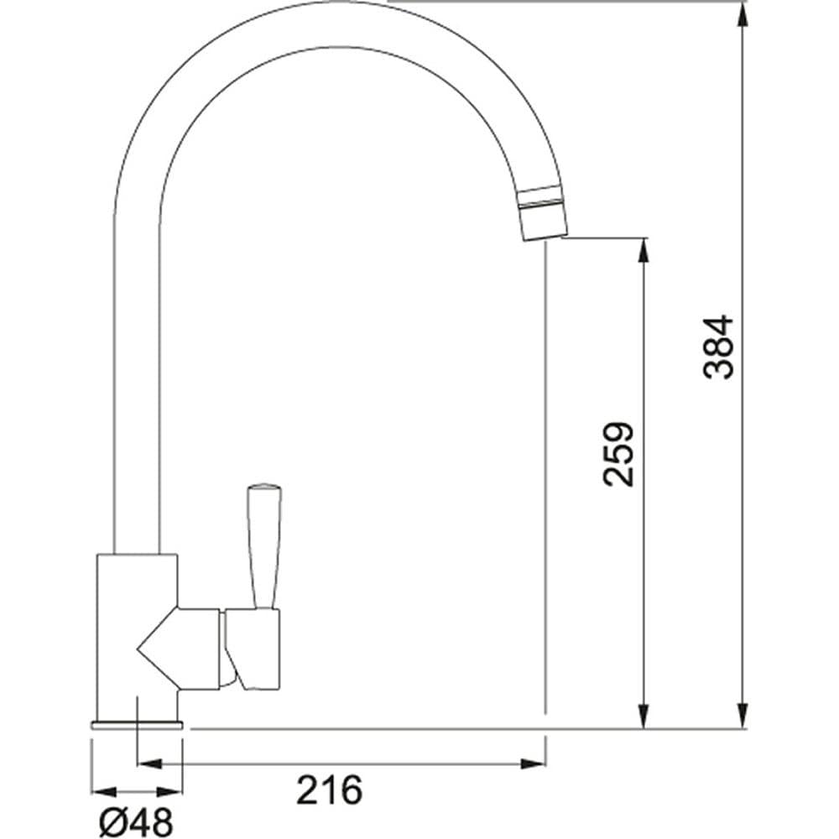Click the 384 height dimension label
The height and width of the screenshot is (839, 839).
718,347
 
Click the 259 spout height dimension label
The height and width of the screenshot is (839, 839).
618,455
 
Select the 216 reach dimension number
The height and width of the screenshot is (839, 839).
329,789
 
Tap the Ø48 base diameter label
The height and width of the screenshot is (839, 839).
137,821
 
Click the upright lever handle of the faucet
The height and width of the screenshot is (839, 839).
263,546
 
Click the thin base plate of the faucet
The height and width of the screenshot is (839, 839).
137,725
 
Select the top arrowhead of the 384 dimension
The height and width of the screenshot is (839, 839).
743,15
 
